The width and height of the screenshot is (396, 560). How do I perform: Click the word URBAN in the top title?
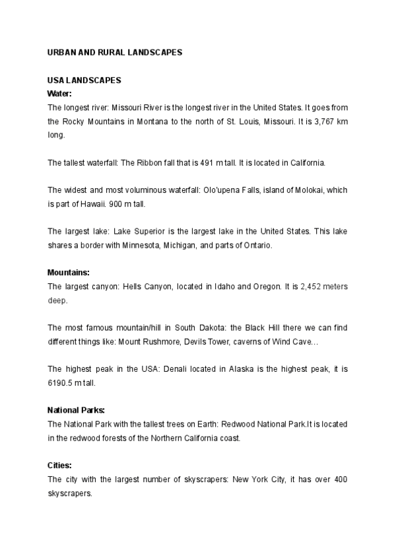coord(61,52)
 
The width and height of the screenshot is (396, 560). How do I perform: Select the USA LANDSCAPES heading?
coord(84,81)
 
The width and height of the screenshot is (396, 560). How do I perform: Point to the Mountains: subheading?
coord(69,272)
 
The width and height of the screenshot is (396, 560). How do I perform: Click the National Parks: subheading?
coord(76,409)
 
